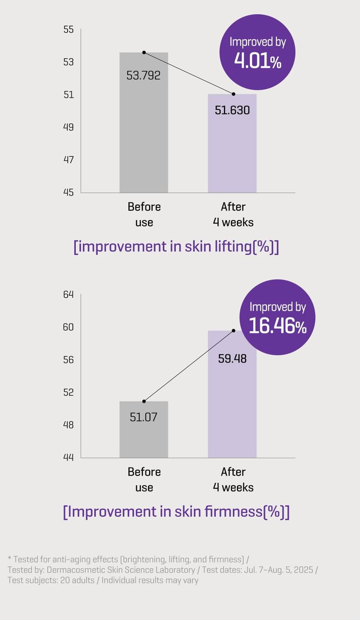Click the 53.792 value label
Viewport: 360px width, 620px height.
(x=143, y=76)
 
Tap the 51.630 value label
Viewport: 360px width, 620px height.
(x=232, y=110)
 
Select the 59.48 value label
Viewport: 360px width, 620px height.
(x=232, y=358)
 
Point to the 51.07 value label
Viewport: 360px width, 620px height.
(x=143, y=417)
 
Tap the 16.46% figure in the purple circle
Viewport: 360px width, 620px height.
(x=278, y=326)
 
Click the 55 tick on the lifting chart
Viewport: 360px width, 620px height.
(x=68, y=30)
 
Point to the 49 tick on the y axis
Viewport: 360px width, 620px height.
(x=68, y=127)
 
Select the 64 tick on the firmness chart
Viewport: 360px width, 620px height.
(x=68, y=295)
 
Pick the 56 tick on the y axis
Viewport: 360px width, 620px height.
(x=68, y=360)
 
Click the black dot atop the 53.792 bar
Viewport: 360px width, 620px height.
(x=144, y=53)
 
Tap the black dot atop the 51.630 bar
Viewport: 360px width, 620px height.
(x=233, y=94)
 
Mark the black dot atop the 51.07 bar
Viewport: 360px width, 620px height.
(x=144, y=401)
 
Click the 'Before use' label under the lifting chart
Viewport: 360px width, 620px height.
(x=144, y=214)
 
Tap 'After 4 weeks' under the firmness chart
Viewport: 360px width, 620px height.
(x=233, y=479)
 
